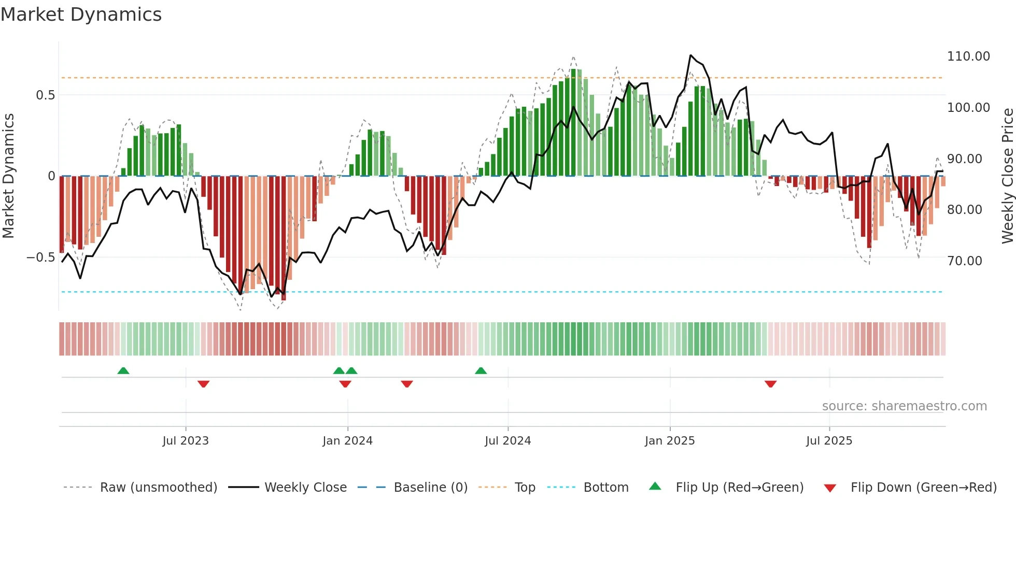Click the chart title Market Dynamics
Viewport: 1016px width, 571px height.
tap(81, 15)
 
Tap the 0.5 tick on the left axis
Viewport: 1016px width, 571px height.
tap(45, 95)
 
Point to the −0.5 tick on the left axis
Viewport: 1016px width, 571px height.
tap(40, 258)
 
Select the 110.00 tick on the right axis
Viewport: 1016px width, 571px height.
tap(968, 56)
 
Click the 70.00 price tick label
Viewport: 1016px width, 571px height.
tap(965, 261)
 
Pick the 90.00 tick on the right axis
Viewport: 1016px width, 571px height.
tap(965, 159)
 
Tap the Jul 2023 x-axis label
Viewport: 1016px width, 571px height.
tap(186, 441)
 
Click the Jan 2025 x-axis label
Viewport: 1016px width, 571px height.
tap(670, 441)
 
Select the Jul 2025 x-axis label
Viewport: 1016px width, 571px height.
tap(829, 441)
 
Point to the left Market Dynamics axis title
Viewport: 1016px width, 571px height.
tap(8, 176)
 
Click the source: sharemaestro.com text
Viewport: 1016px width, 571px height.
tap(904, 406)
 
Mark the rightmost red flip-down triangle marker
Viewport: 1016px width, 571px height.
tap(770, 384)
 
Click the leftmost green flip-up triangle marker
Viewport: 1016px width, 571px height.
tap(123, 371)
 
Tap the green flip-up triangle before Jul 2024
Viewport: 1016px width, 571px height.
tap(481, 371)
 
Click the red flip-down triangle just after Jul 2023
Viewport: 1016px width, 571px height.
tap(203, 384)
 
